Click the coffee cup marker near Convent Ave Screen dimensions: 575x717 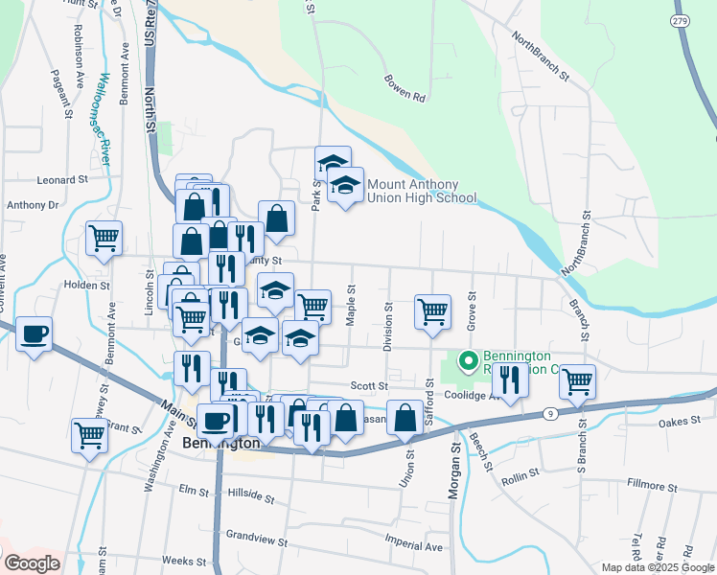click(x=34, y=334)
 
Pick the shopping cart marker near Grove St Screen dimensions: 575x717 click(x=432, y=311)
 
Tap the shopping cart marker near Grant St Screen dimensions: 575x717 click(x=89, y=436)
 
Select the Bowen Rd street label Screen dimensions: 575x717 click(x=404, y=88)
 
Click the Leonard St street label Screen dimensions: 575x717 click(x=62, y=179)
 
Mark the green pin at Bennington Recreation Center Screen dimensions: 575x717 click(x=469, y=361)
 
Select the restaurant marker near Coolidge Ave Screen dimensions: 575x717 click(x=509, y=379)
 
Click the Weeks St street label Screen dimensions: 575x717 click(x=184, y=560)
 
